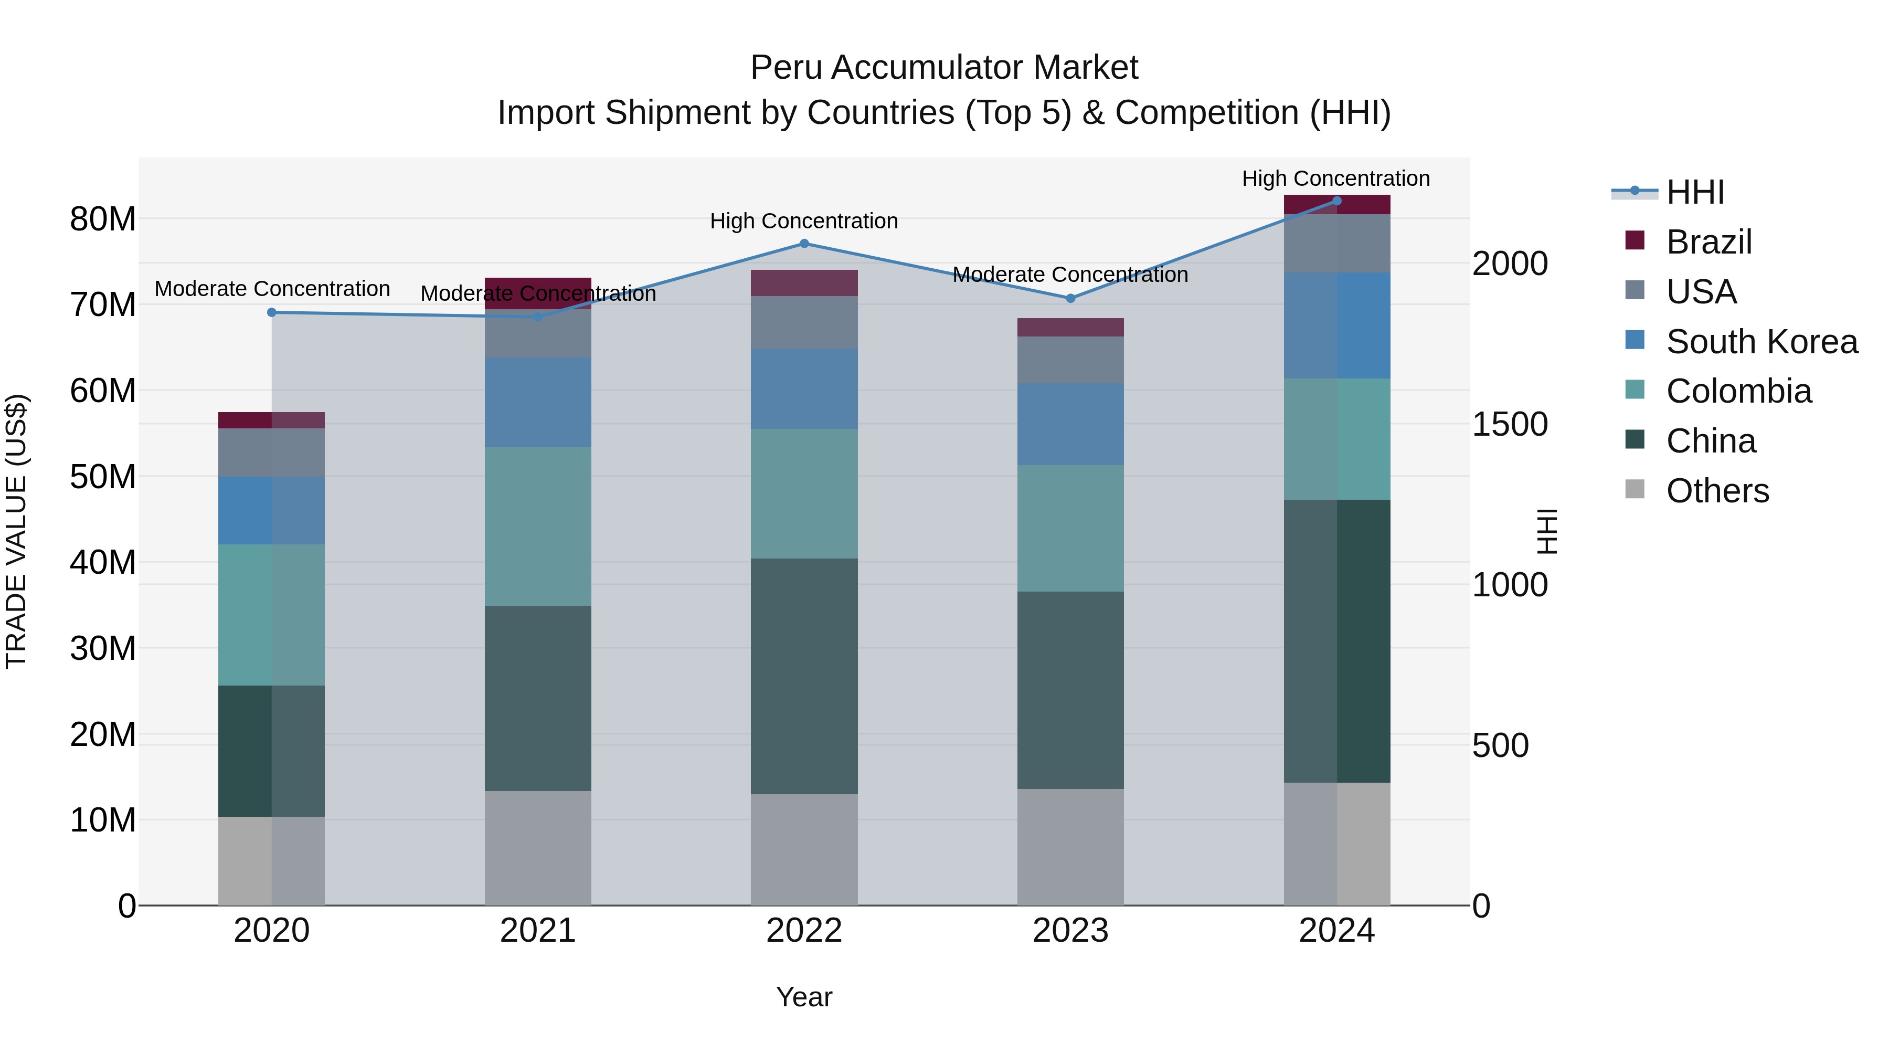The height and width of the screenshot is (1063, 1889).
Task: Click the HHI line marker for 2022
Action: (804, 244)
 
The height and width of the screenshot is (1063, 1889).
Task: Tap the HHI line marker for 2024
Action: (1336, 201)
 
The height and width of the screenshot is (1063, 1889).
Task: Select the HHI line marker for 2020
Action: (271, 312)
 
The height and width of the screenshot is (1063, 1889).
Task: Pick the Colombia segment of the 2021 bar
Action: (537, 526)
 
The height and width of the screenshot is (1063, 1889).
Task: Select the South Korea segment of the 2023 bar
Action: (1070, 424)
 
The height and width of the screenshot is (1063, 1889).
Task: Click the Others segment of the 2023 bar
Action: (1070, 847)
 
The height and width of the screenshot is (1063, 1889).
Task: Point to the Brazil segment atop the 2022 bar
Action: (804, 282)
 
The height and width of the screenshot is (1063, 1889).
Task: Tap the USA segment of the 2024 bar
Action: (1336, 243)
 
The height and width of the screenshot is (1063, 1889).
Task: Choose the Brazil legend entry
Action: (1708, 242)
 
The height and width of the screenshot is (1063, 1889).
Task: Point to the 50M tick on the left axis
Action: (103, 477)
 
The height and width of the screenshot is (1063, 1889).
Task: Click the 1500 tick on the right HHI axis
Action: (1510, 424)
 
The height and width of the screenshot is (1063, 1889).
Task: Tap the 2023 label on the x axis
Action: (1070, 931)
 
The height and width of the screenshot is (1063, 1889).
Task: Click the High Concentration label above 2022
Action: (804, 221)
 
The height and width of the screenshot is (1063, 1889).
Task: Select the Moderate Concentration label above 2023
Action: (1070, 275)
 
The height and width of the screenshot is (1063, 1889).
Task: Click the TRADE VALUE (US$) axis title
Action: (16, 531)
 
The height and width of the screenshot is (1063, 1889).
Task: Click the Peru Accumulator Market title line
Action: (944, 68)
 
